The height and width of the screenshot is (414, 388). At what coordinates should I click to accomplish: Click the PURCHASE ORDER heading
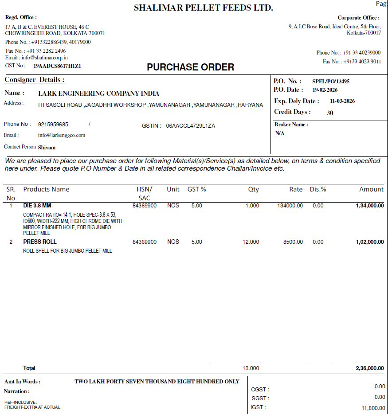pyautogui.click(x=190, y=67)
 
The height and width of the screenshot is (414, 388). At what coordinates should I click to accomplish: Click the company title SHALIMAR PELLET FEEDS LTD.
pyautogui.click(x=204, y=8)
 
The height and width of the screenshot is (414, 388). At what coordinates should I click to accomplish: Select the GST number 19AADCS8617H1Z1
pyautogui.click(x=57, y=66)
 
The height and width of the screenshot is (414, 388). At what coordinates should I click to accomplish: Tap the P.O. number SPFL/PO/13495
pyautogui.click(x=327, y=81)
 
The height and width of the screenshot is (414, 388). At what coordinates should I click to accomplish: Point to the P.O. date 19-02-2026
pyautogui.click(x=325, y=90)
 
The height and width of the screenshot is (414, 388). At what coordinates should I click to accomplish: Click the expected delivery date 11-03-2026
pyautogui.click(x=342, y=101)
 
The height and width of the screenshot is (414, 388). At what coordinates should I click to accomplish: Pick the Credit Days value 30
pyautogui.click(x=330, y=113)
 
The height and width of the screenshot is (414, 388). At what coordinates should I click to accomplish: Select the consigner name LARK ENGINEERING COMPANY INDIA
pyautogui.click(x=98, y=94)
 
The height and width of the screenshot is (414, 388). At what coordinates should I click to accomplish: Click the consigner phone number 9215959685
pyautogui.click(x=53, y=125)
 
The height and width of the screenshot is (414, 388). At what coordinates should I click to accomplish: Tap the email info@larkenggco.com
pyautogui.click(x=62, y=135)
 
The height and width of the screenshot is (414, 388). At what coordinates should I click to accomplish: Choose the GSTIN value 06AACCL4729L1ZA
pyautogui.click(x=191, y=126)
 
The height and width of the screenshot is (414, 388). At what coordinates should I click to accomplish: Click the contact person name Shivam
pyautogui.click(x=47, y=147)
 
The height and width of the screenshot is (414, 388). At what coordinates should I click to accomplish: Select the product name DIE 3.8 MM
pyautogui.click(x=37, y=206)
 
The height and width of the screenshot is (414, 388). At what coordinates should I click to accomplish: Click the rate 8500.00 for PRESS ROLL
pyautogui.click(x=293, y=242)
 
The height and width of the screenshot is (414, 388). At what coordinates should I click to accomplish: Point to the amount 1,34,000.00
pyautogui.click(x=369, y=206)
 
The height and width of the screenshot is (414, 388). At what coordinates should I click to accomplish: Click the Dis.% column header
pyautogui.click(x=318, y=189)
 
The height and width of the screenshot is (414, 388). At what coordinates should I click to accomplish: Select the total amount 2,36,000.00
pyautogui.click(x=369, y=368)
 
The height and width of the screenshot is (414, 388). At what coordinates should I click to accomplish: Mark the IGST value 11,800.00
pyautogui.click(x=373, y=408)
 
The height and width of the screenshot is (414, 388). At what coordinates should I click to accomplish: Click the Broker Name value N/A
pyautogui.click(x=280, y=133)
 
